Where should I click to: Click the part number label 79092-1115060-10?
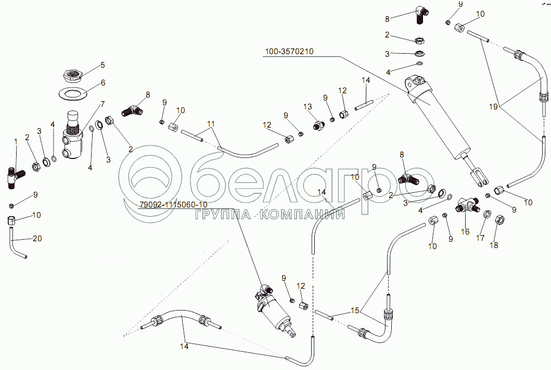click(x=173, y=204)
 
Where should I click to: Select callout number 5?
click(x=102, y=65)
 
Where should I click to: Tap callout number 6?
click(x=102, y=82)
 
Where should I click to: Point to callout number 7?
click(x=102, y=104)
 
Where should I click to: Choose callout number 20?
click(x=36, y=238)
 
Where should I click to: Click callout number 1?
click(x=16, y=141)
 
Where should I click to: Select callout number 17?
click(x=480, y=238)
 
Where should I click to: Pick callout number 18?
click(x=494, y=245)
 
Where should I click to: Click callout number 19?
click(x=493, y=106)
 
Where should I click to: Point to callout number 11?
click(x=210, y=124)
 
